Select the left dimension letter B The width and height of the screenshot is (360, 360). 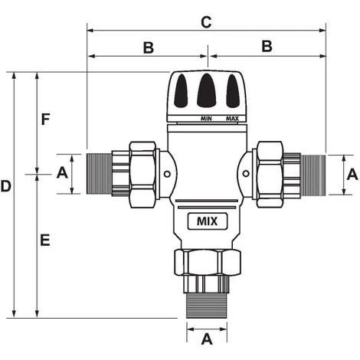pyautogui.click(x=148, y=47)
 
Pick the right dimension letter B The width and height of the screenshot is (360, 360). pyautogui.click(x=267, y=47)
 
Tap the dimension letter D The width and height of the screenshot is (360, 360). pyautogui.click(x=6, y=186)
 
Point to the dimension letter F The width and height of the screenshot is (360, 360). pyautogui.click(x=45, y=119)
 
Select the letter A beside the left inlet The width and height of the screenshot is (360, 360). pyautogui.click(x=63, y=174)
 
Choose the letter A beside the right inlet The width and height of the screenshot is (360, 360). pyautogui.click(x=351, y=174)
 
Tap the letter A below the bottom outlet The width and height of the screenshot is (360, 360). pyautogui.click(x=206, y=338)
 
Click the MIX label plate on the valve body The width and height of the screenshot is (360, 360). pyautogui.click(x=207, y=222)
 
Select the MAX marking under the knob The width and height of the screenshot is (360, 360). pyautogui.click(x=232, y=119)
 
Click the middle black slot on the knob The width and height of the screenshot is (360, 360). pyautogui.click(x=206, y=91)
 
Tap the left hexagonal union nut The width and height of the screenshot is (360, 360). pyautogui.click(x=142, y=174)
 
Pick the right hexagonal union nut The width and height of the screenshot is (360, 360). pyautogui.click(x=270, y=174)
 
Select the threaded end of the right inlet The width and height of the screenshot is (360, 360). pyautogui.click(x=313, y=174)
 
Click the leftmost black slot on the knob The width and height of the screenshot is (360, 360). pyautogui.click(x=182, y=93)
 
